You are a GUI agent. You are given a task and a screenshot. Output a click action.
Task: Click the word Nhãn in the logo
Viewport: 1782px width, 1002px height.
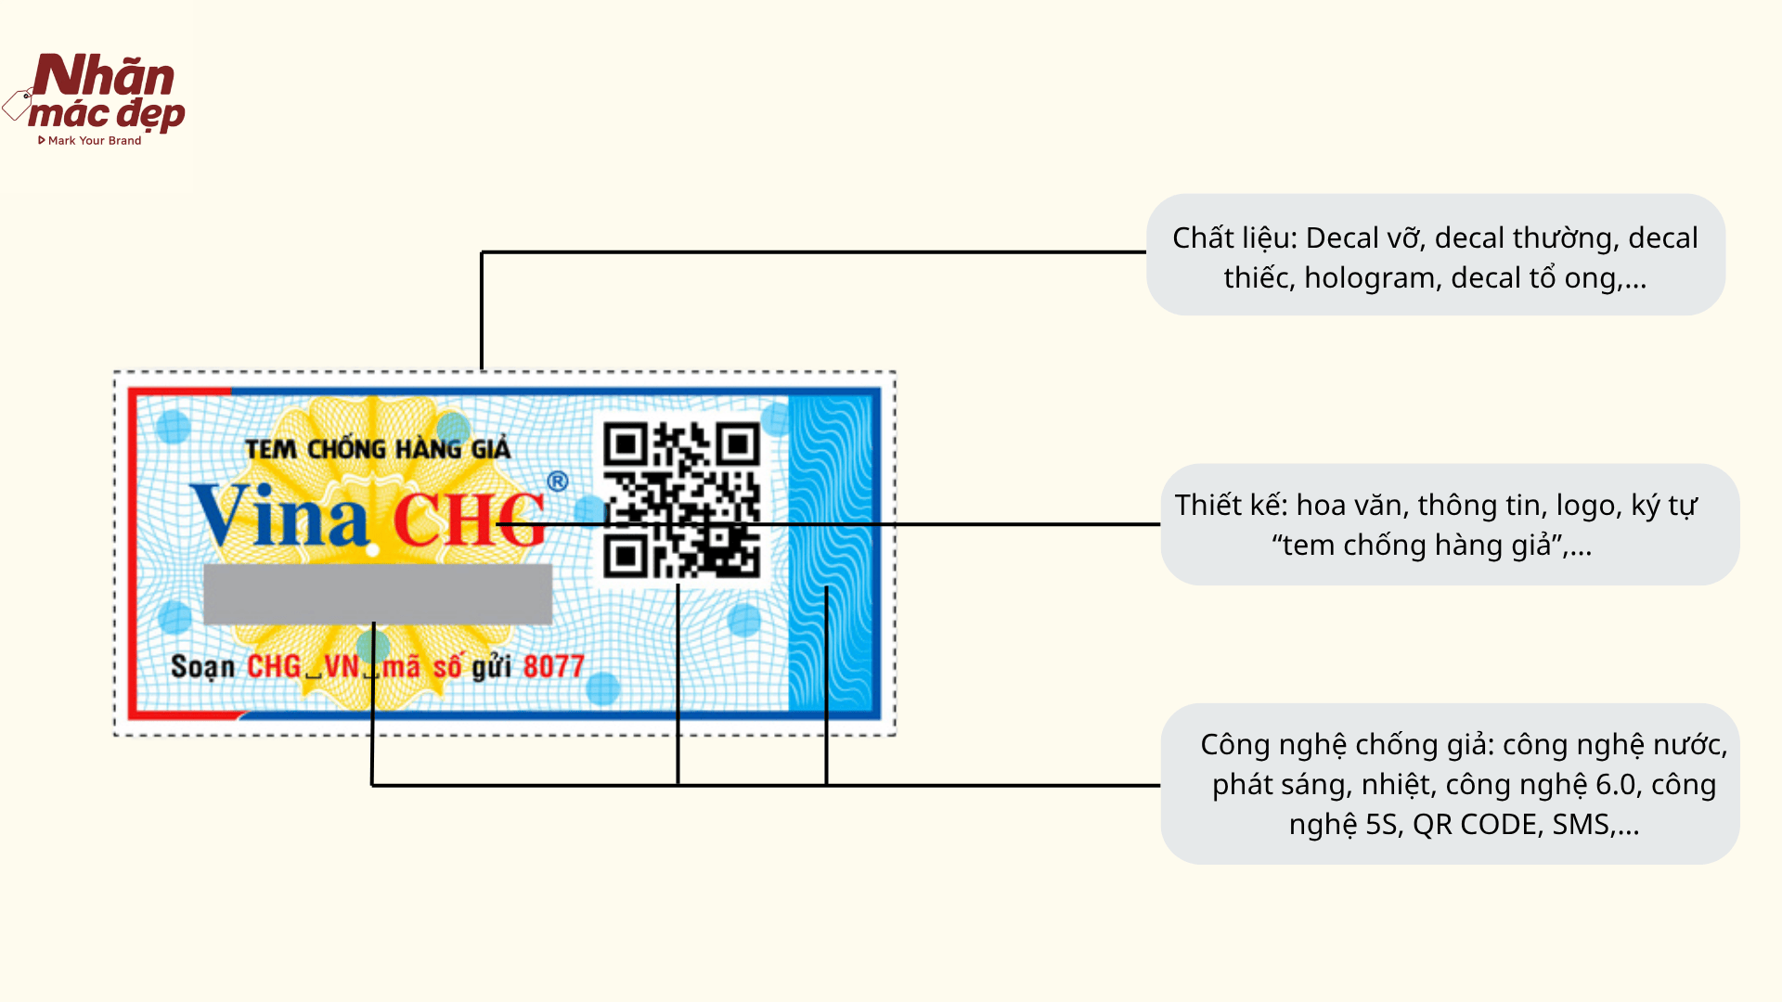(104, 76)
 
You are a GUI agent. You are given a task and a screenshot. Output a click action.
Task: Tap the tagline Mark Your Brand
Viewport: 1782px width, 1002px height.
(94, 141)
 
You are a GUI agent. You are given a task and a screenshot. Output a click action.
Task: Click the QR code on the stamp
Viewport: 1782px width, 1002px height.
(681, 501)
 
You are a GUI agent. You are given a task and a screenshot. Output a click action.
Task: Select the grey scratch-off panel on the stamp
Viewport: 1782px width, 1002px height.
(378, 594)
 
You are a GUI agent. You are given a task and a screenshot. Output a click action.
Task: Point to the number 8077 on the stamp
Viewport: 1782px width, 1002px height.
(553, 667)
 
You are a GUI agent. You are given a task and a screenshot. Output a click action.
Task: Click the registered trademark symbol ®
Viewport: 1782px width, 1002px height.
(557, 481)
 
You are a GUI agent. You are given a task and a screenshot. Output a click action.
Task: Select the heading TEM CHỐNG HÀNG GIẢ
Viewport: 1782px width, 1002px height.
(378, 450)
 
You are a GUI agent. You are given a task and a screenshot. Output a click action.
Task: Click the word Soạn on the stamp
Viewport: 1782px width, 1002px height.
(202, 667)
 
